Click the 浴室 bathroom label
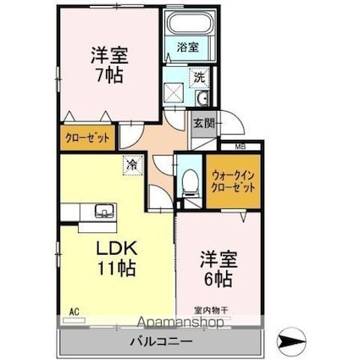pos(187,47)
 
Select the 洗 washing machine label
pos(198,75)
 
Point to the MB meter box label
pos(241,147)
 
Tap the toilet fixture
pos(191,180)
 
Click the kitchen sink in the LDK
pos(104,210)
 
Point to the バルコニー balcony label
pos(161,341)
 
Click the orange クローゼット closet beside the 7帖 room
pos(88,136)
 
